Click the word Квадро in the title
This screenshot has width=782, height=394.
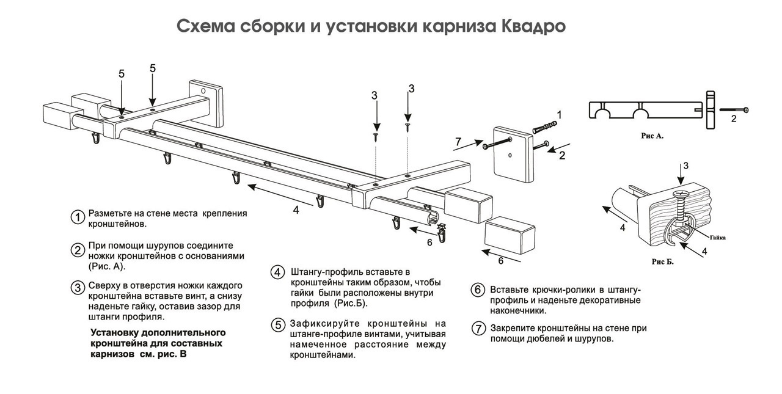point(533,27)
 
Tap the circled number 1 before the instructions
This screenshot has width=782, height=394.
point(78,217)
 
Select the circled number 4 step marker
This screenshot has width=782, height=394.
point(277,272)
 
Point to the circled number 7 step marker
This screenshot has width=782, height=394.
point(478,329)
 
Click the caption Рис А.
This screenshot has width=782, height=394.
point(652,136)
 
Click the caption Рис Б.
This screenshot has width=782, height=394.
point(662,261)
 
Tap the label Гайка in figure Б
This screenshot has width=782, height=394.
point(718,238)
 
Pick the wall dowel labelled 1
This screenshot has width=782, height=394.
point(545,127)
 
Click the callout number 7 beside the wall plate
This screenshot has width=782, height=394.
point(458,142)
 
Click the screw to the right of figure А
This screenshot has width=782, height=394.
point(734,110)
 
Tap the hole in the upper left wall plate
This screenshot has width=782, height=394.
point(203,91)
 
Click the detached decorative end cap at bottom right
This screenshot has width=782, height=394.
point(510,235)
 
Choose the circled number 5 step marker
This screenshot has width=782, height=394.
point(278,325)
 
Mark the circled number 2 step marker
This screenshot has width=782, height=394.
point(78,250)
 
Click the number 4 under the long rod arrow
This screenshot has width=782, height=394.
point(296,210)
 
